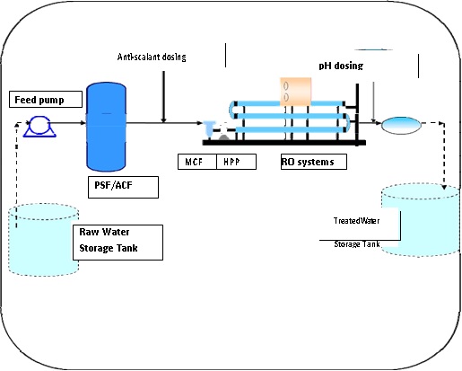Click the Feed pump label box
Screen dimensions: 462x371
click(46, 99)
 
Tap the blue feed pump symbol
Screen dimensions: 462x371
click(39, 127)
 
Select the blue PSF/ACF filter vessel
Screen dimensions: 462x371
click(106, 127)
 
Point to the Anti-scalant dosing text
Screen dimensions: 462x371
click(152, 57)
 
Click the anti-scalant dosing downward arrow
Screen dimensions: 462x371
click(163, 97)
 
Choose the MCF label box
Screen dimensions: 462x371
click(197, 162)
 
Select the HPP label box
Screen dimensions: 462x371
click(236, 162)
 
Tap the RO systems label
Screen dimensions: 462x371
click(314, 162)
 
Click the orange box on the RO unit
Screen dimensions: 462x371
click(295, 92)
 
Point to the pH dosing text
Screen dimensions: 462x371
click(341, 66)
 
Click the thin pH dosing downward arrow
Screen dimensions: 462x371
click(373, 102)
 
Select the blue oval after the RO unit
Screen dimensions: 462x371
click(401, 125)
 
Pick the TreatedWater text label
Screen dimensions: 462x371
click(356, 221)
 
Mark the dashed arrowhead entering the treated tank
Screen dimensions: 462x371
click(444, 187)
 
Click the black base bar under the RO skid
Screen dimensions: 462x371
click(284, 143)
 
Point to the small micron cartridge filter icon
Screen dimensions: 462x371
click(209, 128)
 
